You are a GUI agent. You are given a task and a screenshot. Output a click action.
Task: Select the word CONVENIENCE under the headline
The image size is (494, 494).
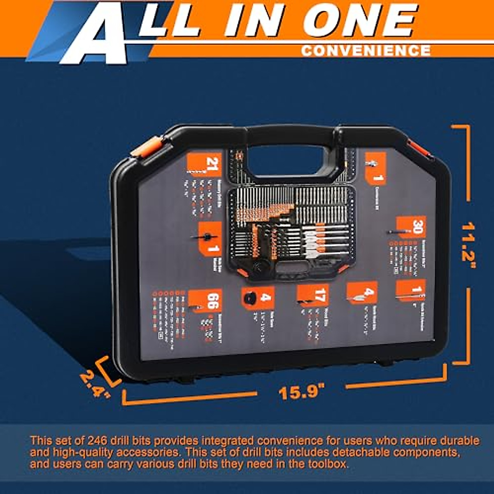pos(366,50)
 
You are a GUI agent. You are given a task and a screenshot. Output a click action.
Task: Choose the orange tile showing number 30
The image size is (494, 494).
pos(411,228)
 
